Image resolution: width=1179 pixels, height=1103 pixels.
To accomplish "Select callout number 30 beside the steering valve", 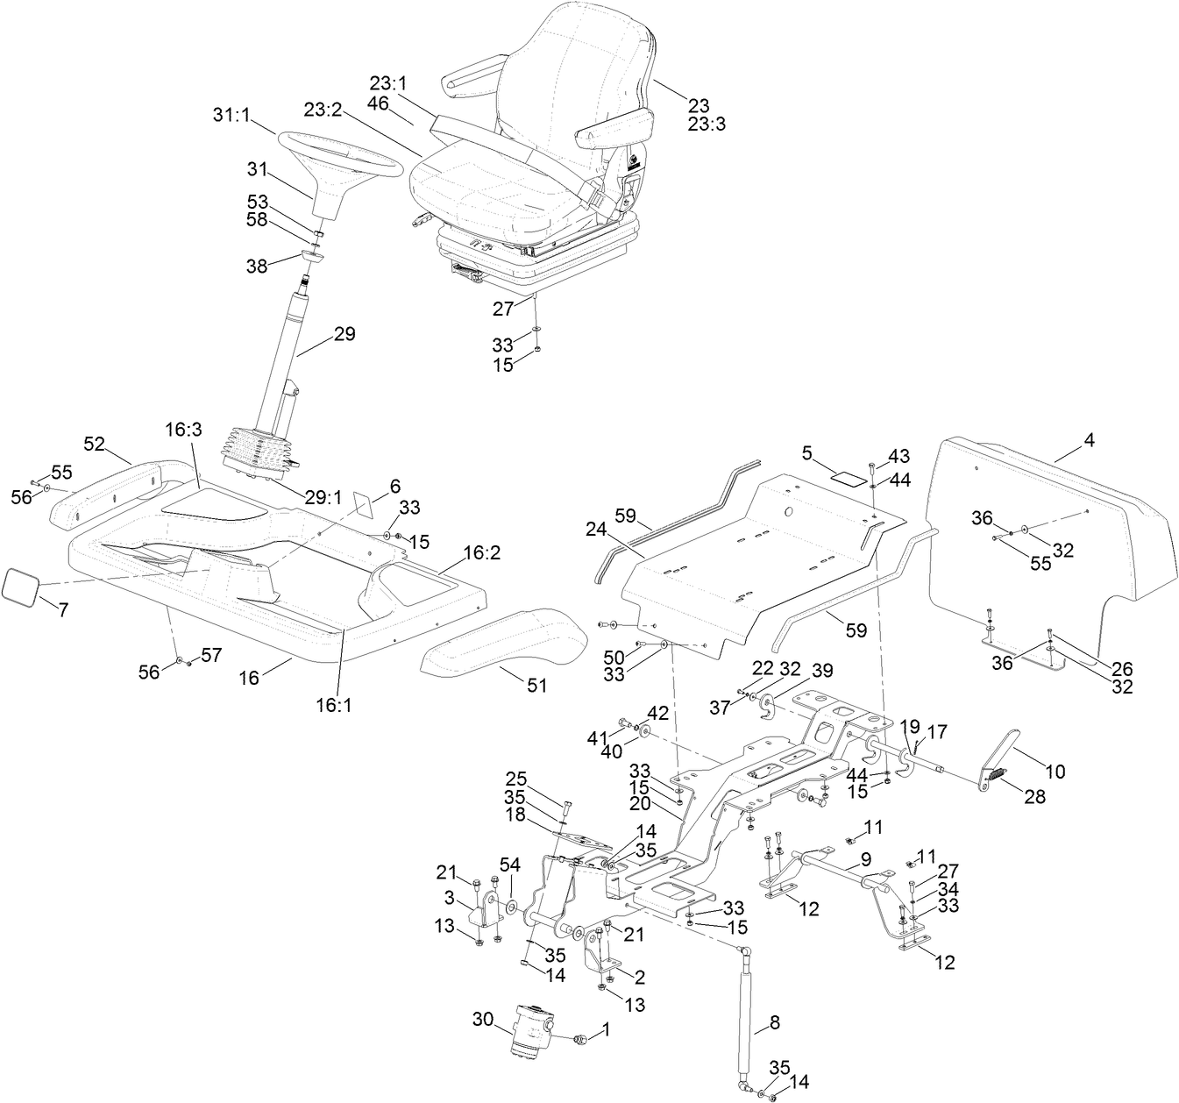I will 483,1019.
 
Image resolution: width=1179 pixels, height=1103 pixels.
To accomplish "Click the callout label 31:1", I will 231,115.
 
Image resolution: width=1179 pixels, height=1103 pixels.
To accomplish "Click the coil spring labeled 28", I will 994,775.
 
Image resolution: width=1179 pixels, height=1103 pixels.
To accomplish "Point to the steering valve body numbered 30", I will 529,1035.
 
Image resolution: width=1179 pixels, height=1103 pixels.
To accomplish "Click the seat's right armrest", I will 614,125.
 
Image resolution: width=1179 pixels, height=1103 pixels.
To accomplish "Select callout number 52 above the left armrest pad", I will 95,444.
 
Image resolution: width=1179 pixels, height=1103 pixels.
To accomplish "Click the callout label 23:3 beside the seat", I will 707,125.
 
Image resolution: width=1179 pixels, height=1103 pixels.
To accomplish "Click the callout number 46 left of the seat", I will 378,103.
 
